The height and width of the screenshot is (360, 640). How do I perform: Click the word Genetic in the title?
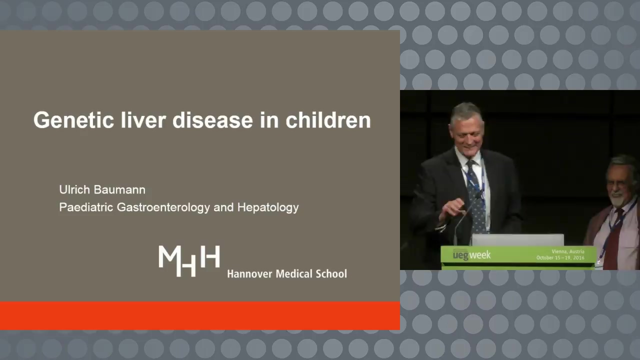pyautogui.click(x=73, y=120)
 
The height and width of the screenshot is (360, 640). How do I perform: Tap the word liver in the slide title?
pyautogui.click(x=143, y=120)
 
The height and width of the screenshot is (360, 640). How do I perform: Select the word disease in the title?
pyautogui.click(x=212, y=120)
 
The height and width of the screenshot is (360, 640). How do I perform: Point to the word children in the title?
pyautogui.click(x=328, y=120)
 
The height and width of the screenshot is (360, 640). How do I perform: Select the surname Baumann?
pyautogui.click(x=119, y=189)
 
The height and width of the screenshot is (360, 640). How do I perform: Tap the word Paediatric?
pyautogui.click(x=86, y=207)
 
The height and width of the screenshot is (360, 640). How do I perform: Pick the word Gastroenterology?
pyautogui.click(x=163, y=207)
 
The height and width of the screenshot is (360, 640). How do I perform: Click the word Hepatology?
pyautogui.click(x=268, y=207)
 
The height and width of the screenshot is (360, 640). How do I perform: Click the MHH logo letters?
pyautogui.click(x=189, y=260)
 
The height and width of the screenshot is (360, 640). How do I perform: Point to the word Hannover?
pyautogui.click(x=249, y=274)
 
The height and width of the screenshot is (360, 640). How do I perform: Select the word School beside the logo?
pyautogui.click(x=331, y=274)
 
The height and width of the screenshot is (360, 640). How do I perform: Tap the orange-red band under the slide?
pyautogui.click(x=199, y=315)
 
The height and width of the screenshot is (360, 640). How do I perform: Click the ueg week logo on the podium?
pyautogui.click(x=471, y=255)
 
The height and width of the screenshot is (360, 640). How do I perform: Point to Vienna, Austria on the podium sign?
pyautogui.click(x=568, y=251)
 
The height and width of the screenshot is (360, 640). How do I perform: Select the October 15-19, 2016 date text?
pyautogui.click(x=560, y=257)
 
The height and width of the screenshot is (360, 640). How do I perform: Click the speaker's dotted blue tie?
pyautogui.click(x=475, y=197)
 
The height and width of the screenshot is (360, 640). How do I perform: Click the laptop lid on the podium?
pyautogui.click(x=517, y=240)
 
